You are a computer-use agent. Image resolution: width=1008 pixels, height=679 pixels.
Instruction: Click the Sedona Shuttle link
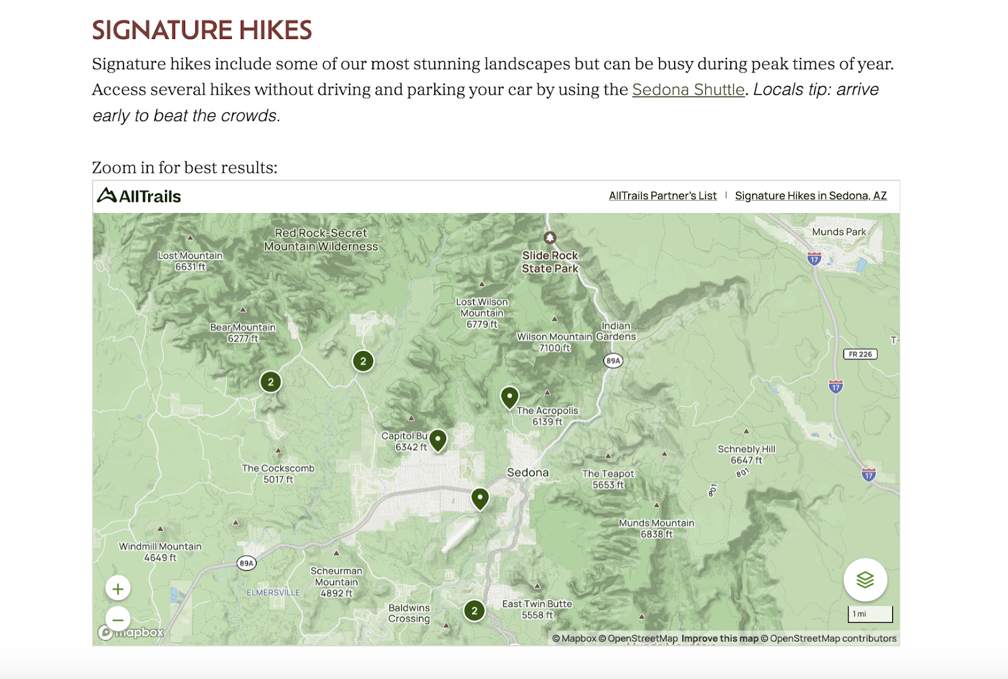(688, 90)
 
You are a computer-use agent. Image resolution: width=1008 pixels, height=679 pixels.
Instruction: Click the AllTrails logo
(139, 196)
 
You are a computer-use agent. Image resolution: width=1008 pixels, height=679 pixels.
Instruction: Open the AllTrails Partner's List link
(662, 195)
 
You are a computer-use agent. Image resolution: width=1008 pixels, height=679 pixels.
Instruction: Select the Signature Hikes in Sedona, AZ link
(810, 195)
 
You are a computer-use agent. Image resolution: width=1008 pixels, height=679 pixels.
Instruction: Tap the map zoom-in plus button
(118, 589)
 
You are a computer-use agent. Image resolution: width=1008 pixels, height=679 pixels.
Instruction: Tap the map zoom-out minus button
(118, 619)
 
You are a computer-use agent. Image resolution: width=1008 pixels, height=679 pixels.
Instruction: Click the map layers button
(865, 579)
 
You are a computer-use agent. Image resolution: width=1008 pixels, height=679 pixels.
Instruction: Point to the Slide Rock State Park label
(550, 262)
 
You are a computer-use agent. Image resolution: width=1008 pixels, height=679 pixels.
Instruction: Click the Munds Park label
(839, 232)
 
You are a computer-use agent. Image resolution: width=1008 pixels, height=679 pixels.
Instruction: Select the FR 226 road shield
(860, 354)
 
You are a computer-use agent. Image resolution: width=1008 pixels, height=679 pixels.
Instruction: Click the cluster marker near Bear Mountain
(271, 381)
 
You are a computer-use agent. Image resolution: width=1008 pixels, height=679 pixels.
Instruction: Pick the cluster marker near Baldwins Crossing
(474, 610)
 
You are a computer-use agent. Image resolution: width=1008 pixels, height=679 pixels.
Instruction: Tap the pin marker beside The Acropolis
(509, 397)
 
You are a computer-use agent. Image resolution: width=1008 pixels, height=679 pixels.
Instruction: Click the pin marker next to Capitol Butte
(438, 439)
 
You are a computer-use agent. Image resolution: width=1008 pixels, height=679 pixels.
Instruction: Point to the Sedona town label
(528, 472)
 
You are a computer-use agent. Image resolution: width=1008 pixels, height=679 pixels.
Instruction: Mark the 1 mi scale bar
(870, 614)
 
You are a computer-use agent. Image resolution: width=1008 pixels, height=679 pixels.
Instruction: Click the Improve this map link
(719, 638)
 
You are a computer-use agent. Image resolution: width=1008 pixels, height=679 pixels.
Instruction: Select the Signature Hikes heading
(202, 30)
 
